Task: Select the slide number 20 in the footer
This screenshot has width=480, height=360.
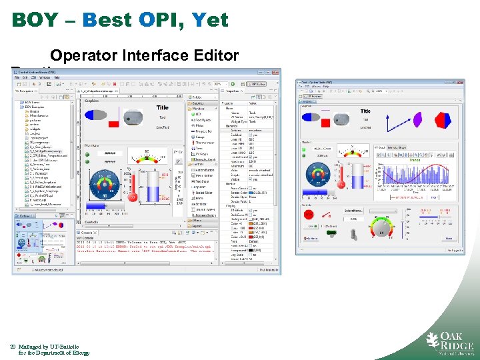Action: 13,347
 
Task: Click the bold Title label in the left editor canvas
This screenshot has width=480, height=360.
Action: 162,107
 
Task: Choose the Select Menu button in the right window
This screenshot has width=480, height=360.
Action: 355,211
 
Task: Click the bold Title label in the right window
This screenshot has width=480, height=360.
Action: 365,111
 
